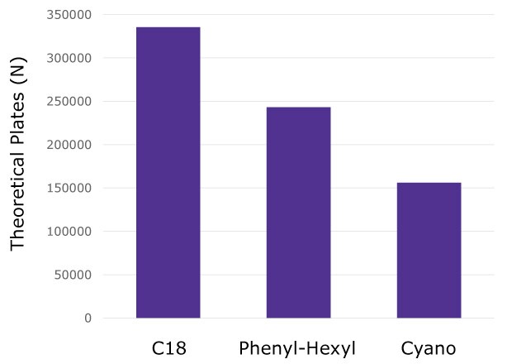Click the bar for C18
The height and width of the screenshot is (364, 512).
coord(168,173)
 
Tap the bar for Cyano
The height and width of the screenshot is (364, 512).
coord(429,250)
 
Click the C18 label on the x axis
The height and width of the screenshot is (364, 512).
coord(168,348)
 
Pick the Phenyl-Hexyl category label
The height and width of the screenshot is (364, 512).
coord(298,348)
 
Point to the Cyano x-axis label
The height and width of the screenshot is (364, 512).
coord(429,348)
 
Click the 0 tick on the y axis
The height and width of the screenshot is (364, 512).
coord(88,318)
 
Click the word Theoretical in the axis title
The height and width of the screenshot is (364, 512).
coord(19,199)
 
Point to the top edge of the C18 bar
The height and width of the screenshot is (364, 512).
coord(168,27)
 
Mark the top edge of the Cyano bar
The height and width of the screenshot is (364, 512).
coord(429,183)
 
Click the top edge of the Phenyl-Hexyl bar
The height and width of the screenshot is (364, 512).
coord(298,108)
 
